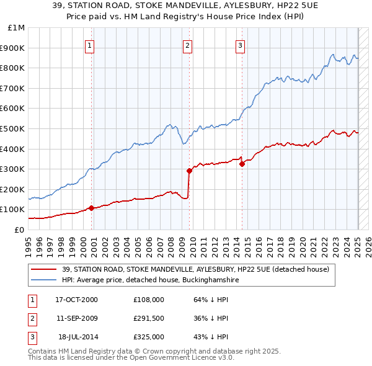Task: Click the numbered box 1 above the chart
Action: [x=90, y=45]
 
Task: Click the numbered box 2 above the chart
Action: [x=187, y=45]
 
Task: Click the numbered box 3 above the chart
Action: [x=240, y=45]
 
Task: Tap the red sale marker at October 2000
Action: [x=91, y=208]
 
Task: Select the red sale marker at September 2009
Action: [x=189, y=171]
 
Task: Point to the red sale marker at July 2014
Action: [x=242, y=164]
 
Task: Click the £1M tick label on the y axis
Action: [x=17, y=28]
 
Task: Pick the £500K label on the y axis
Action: [x=14, y=128]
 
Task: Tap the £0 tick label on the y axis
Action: [x=19, y=230]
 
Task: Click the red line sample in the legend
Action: [x=43, y=270]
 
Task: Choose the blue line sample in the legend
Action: [x=43, y=280]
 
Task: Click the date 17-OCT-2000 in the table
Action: [x=77, y=299]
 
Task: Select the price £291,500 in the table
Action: [x=149, y=318]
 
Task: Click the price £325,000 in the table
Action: [x=149, y=337]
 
